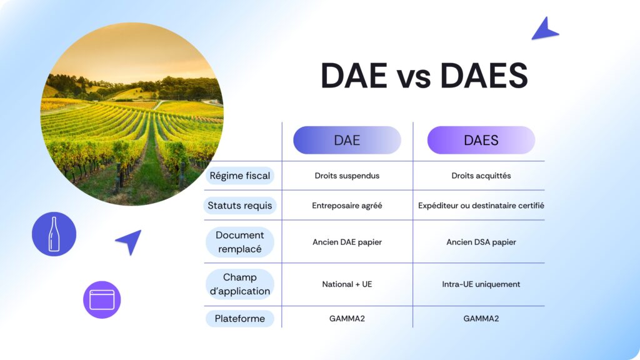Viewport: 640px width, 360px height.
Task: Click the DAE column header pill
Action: pos(347,140)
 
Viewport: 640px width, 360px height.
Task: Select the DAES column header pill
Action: pos(481,140)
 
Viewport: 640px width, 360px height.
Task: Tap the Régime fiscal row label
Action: pos(240,176)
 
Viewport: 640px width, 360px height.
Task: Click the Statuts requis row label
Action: pos(240,205)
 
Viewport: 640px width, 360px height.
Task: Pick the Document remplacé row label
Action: pos(240,242)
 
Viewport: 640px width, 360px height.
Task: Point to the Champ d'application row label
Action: pos(240,284)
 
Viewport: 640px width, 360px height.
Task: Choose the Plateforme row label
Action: pos(240,319)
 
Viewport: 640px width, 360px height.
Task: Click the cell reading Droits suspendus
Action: pos(347,176)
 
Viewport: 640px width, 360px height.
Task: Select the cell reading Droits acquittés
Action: pos(481,176)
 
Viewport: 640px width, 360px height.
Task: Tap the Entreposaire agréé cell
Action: pos(347,205)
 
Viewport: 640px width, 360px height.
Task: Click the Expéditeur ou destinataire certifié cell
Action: pos(481,205)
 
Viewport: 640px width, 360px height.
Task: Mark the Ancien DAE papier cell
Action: pos(347,242)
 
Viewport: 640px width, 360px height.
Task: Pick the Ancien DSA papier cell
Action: pos(481,242)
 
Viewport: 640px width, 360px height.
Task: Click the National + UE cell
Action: pos(347,284)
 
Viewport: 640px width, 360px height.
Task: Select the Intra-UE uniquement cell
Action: pos(481,284)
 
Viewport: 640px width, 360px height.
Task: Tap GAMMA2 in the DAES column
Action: pos(481,319)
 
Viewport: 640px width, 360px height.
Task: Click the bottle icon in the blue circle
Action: pos(54,234)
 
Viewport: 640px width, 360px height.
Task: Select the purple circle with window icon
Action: pos(102,300)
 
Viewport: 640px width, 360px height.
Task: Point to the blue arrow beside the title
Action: pos(544,29)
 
